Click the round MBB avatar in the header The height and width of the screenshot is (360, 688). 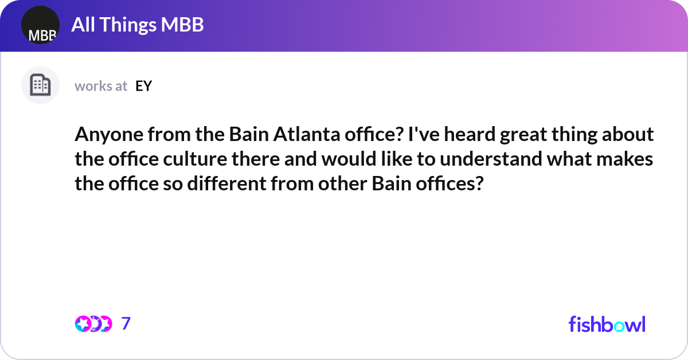point(40,25)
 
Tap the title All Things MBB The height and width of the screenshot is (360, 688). point(137,25)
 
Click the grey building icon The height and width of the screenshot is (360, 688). point(40,85)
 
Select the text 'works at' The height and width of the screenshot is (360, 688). point(101,86)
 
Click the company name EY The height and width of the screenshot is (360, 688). point(143,86)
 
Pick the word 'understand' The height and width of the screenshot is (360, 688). point(484,159)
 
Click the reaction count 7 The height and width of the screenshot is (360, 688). point(126,324)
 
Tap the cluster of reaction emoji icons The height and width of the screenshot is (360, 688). point(93,324)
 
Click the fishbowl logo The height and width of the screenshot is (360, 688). point(607,324)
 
